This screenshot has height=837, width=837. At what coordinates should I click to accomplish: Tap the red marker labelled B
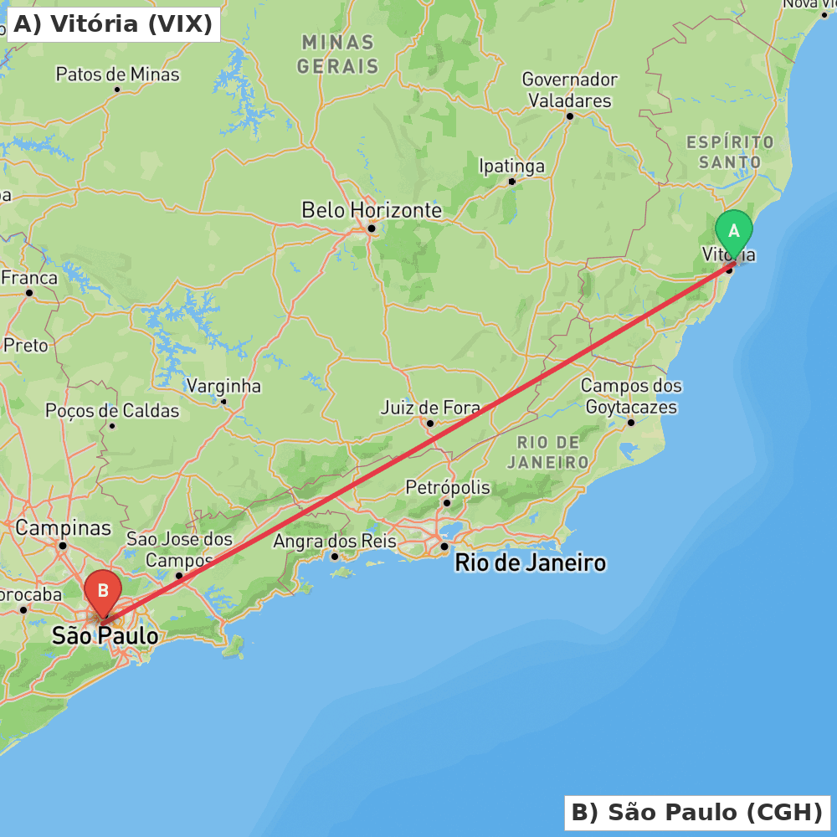103,592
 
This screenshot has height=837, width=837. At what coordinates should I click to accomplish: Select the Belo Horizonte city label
372,209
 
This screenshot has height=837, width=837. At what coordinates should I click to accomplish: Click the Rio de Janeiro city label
530,562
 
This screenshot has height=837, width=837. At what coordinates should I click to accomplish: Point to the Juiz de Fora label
430,408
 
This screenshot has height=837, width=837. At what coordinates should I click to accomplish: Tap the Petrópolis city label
448,487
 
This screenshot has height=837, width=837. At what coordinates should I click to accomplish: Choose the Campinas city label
63,528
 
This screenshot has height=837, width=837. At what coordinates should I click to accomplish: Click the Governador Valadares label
569,90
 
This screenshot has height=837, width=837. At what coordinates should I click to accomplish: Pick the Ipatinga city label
511,166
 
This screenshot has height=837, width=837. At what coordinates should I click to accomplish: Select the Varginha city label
223,386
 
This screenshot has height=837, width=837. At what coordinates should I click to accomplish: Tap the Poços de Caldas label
112,411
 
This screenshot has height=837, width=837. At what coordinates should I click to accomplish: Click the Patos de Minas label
117,74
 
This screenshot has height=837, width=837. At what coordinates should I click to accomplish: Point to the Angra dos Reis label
335,542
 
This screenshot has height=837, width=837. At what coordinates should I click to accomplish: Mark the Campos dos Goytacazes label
631,397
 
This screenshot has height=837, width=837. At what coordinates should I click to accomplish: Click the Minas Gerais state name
338,54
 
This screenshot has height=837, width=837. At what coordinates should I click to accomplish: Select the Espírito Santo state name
730,151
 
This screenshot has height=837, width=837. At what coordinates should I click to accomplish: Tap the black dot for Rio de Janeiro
444,547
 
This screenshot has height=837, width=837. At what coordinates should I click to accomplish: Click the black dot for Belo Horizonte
371,228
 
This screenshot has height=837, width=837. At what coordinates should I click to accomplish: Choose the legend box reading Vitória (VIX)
113,24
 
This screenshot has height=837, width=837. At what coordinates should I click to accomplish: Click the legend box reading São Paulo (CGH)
696,812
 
